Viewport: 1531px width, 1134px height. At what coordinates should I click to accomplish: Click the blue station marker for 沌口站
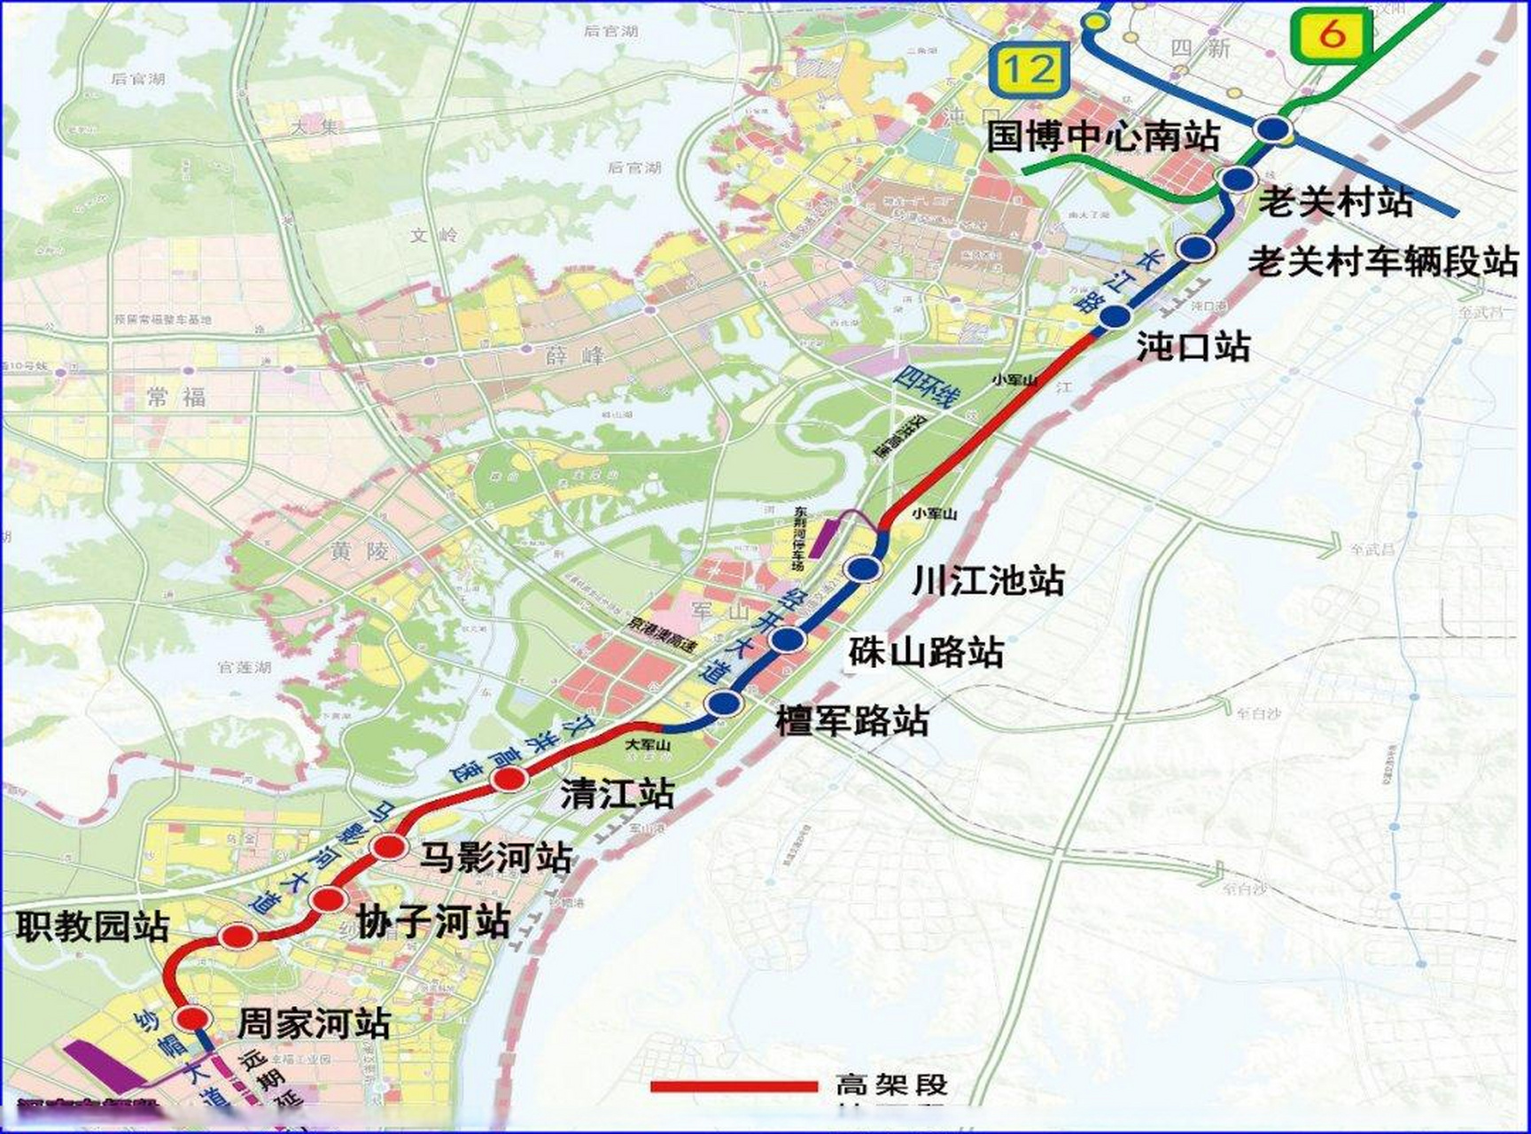1115,316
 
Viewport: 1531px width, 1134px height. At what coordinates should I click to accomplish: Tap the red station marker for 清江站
509,780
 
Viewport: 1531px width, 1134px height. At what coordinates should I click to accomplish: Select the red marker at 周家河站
192,1017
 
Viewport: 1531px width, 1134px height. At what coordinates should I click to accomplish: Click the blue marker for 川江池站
864,569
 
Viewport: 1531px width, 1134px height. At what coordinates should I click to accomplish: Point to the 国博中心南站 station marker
1273,130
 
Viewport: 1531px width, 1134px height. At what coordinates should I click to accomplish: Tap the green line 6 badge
1332,35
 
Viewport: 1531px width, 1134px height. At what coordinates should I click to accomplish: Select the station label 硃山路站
926,653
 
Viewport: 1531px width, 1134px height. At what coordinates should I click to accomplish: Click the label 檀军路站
852,720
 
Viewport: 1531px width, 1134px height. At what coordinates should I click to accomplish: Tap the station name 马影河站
495,858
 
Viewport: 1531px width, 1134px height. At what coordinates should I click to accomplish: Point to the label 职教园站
93,927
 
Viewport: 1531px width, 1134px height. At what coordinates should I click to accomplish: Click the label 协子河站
433,921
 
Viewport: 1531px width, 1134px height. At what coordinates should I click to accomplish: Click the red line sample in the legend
734,1086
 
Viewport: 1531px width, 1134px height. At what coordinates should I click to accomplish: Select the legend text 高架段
891,1085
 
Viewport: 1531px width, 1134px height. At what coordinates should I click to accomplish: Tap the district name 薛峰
575,356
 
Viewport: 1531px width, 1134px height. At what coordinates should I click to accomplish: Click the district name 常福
176,397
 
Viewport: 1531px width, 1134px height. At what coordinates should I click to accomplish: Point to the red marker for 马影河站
389,848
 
